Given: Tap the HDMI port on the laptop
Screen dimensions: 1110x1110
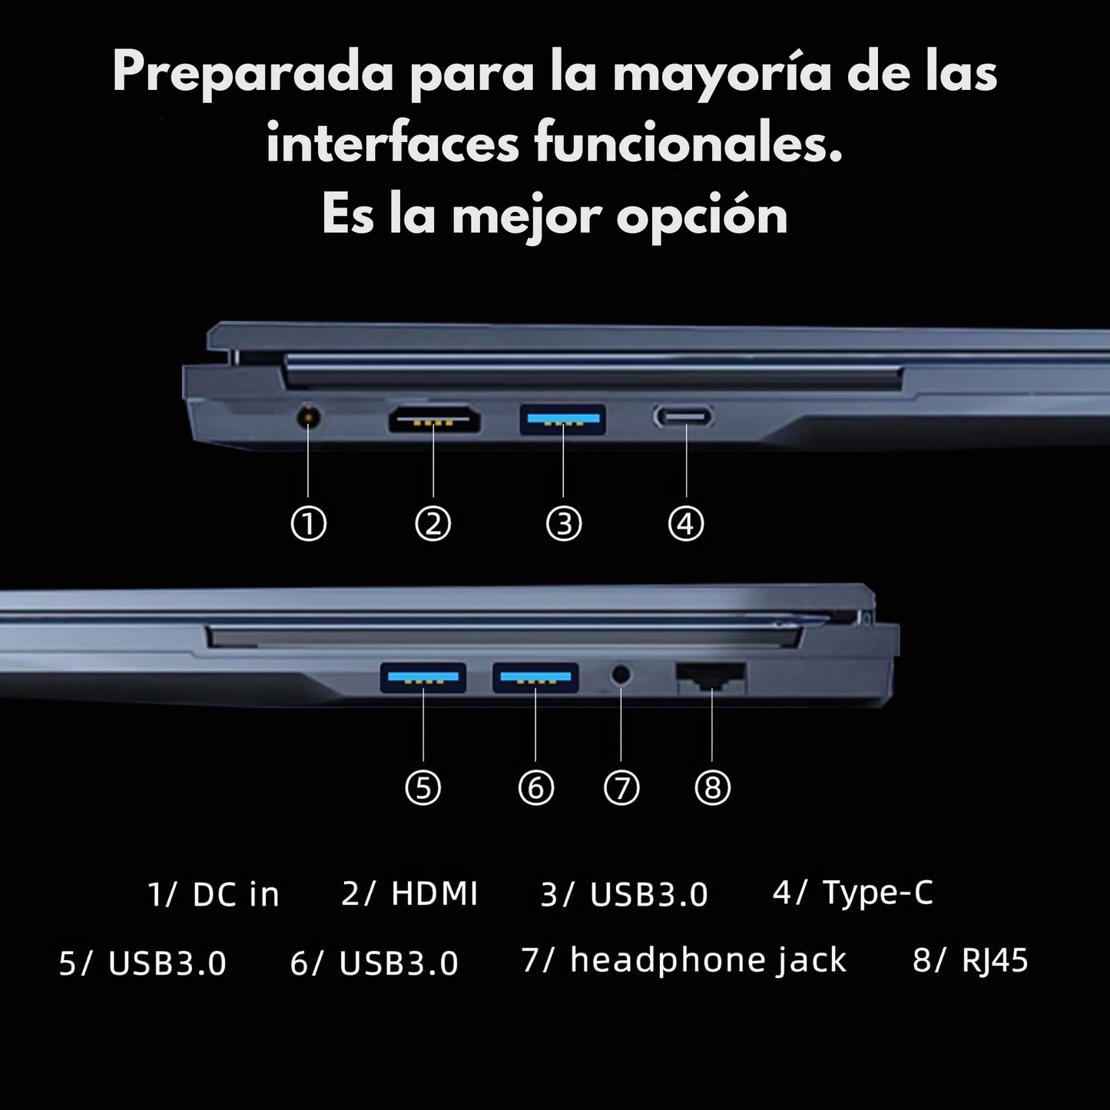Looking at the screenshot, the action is click(x=434, y=420).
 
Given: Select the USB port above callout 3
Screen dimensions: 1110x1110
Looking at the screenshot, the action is click(x=563, y=420).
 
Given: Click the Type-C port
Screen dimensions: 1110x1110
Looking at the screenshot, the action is click(x=683, y=417).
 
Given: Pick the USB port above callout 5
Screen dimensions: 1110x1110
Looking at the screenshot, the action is click(x=423, y=678).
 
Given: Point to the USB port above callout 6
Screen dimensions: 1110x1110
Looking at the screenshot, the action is click(x=535, y=678).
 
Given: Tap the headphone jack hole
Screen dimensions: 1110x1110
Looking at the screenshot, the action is click(x=621, y=674).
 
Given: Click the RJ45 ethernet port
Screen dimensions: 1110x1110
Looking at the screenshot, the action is click(x=711, y=678).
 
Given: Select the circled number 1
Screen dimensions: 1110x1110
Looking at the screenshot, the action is click(x=309, y=524).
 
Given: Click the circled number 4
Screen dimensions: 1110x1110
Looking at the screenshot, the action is click(x=685, y=524).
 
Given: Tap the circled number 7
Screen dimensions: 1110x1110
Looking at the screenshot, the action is click(x=621, y=787).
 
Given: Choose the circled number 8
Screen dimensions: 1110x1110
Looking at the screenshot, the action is click(x=713, y=787).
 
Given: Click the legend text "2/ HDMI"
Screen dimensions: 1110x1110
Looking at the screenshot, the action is click(x=409, y=895).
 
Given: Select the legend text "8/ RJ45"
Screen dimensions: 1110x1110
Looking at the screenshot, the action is click(x=970, y=962).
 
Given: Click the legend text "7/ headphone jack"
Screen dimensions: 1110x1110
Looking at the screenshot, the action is click(x=684, y=962).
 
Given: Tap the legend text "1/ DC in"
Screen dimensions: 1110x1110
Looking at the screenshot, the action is click(x=214, y=895).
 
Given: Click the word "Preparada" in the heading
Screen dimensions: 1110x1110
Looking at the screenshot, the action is click(x=253, y=73).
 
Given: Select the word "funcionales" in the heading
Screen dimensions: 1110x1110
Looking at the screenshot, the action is click(x=688, y=142).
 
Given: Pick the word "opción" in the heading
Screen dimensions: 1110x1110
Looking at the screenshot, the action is click(x=702, y=217).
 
